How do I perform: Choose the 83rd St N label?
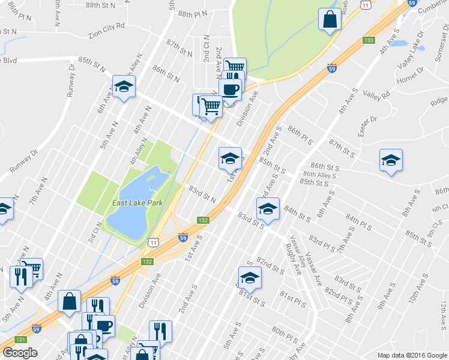(x=202, y=193)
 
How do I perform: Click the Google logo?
(x=20, y=353)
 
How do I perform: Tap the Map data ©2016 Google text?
(x=412, y=355)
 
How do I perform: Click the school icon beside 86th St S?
(x=391, y=160)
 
